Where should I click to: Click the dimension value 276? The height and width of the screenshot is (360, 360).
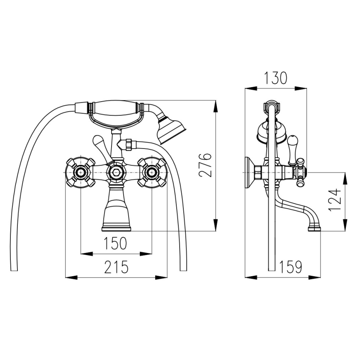point(205,165)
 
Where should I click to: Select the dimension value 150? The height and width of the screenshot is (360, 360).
point(116,243)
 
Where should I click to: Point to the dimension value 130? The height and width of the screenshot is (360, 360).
point(275,78)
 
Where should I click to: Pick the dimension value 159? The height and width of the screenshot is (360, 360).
point(290,268)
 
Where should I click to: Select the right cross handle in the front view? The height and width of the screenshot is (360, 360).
point(152,172)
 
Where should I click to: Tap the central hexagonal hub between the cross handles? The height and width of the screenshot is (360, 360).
point(116,172)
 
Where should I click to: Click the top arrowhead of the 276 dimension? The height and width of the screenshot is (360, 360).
point(215,105)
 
